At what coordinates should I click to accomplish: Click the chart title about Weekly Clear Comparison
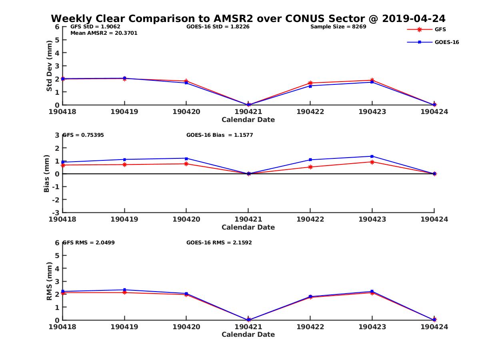point(248,19)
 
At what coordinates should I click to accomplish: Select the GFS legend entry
point(440,29)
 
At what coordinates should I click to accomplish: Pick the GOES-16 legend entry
point(446,42)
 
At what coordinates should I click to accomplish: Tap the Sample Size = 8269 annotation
point(338,27)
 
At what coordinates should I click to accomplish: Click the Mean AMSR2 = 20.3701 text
point(104,33)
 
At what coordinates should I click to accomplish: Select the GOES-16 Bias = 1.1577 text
point(220,135)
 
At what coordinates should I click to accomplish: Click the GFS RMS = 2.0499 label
point(88,242)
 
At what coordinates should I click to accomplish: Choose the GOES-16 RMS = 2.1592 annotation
point(219,242)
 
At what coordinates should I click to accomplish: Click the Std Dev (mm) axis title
point(49,66)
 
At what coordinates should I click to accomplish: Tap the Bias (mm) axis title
point(47,174)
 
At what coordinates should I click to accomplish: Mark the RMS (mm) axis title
point(49,281)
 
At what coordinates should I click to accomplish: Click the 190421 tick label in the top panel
point(248,112)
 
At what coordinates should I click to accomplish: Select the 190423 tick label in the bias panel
point(372,219)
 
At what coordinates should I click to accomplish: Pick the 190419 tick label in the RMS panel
point(124,327)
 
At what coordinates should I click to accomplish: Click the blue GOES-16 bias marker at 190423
point(372,156)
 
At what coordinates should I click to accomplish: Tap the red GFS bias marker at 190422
point(310,167)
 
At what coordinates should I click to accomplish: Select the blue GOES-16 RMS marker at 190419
point(124,290)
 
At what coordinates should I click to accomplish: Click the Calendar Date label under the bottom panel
point(248,334)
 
